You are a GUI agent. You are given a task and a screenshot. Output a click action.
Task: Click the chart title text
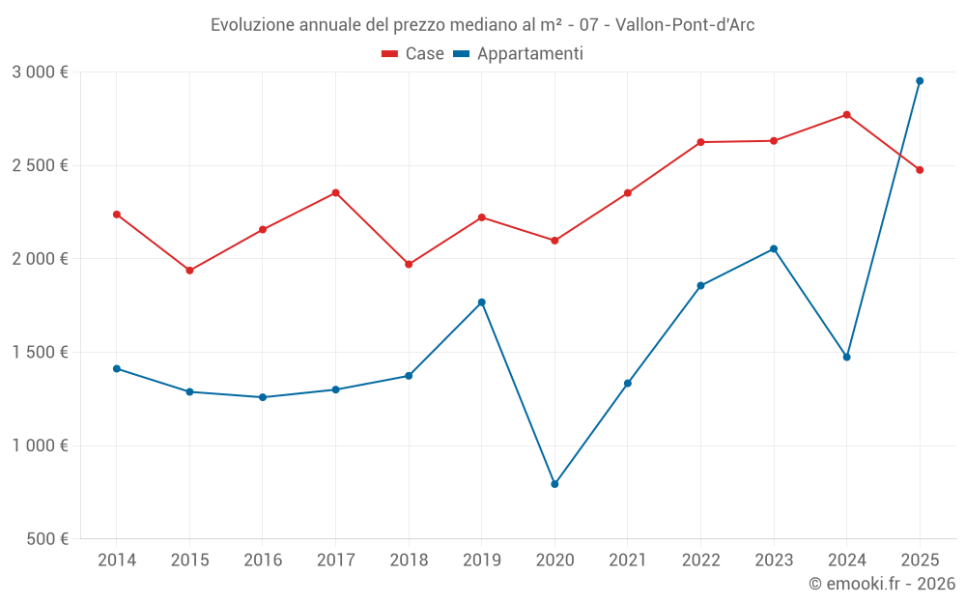tap(482, 25)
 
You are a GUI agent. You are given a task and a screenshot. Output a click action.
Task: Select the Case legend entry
tap(412, 54)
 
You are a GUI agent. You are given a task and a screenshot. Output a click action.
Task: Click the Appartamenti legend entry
tap(519, 54)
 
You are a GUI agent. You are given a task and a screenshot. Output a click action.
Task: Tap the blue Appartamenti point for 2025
tap(920, 81)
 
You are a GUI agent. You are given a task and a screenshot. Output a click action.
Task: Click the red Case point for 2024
tap(846, 115)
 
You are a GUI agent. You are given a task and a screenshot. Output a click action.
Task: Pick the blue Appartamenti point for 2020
tap(554, 484)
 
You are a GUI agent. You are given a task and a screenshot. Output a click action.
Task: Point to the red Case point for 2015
tap(189, 271)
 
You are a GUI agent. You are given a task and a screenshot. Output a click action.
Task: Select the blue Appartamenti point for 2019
tap(481, 302)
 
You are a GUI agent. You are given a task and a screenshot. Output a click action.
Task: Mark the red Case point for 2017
tap(335, 193)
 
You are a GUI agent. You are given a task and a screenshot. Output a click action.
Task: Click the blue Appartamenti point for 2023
tap(774, 249)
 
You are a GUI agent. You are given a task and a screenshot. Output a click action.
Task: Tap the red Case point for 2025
tap(920, 170)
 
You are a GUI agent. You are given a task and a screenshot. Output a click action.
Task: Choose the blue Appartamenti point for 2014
tap(117, 368)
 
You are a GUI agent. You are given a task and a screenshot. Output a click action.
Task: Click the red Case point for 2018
tap(409, 264)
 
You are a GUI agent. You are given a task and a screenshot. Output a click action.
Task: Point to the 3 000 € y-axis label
tap(40, 72)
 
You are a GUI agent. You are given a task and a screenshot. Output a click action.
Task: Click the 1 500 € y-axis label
tap(40, 353)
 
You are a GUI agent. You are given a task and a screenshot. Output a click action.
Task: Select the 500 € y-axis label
tap(45, 539)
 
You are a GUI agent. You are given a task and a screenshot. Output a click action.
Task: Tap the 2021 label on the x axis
tap(628, 561)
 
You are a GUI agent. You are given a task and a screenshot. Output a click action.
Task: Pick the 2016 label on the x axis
tap(263, 561)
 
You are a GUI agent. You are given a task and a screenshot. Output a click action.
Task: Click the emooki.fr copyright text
tap(881, 584)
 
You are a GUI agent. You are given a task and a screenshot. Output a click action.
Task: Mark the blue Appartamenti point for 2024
tap(846, 358)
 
